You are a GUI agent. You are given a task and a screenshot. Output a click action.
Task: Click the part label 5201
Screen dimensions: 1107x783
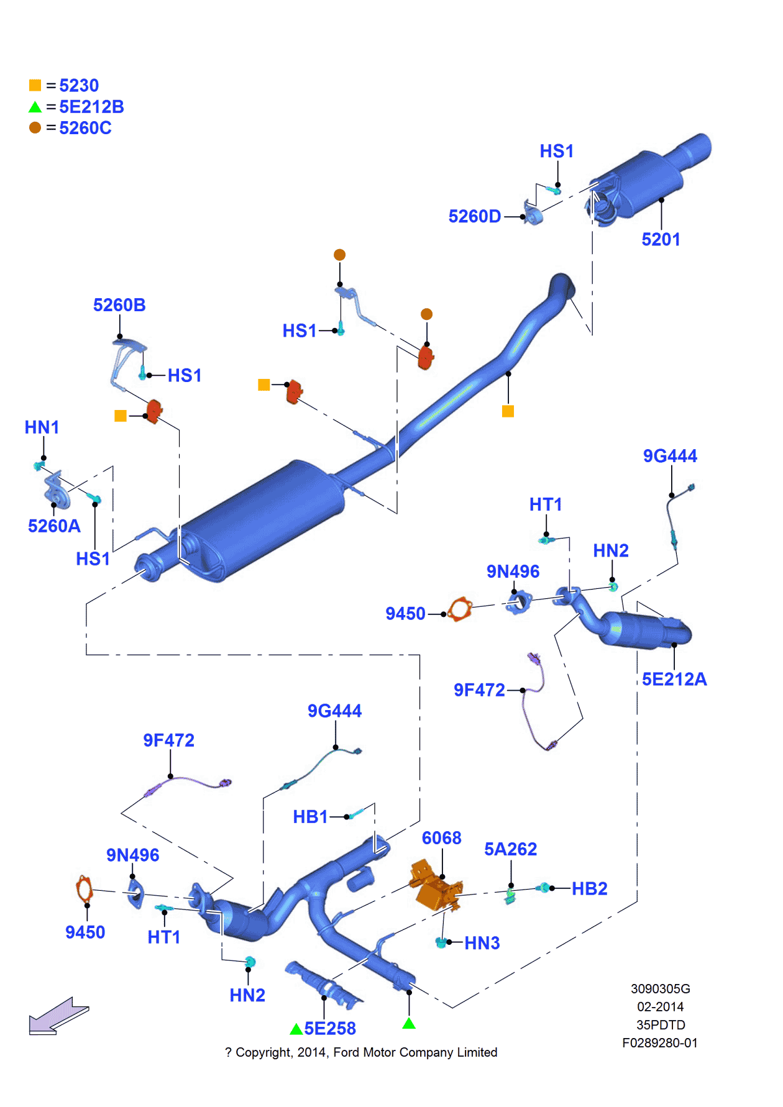(x=661, y=240)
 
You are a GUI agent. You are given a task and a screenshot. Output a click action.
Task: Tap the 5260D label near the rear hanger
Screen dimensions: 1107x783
(x=474, y=217)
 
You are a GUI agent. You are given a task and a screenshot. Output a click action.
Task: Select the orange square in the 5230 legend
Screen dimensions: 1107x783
(x=35, y=85)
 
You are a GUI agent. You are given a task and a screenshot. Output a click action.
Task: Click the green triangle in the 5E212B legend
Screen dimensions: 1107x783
(x=35, y=107)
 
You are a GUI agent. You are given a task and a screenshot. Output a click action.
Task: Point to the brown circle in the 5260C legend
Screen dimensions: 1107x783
(x=35, y=127)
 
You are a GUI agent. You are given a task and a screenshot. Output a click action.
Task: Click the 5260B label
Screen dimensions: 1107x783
(x=119, y=305)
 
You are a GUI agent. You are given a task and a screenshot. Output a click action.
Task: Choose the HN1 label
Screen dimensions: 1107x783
(x=42, y=427)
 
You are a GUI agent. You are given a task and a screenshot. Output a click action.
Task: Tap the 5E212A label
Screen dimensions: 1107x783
(x=674, y=679)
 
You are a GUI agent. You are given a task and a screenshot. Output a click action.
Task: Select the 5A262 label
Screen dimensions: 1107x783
(x=510, y=849)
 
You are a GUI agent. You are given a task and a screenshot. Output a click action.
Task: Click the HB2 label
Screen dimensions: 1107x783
(x=589, y=889)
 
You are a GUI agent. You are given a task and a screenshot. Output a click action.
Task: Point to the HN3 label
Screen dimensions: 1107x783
(x=482, y=943)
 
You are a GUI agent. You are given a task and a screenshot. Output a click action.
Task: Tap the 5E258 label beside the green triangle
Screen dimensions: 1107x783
(x=329, y=1029)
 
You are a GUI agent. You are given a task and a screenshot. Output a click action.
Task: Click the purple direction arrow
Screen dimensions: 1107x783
(x=59, y=1016)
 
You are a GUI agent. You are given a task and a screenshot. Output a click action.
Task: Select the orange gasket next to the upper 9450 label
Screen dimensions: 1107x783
(x=460, y=609)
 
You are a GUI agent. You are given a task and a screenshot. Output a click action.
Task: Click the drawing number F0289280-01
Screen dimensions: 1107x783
(x=659, y=1043)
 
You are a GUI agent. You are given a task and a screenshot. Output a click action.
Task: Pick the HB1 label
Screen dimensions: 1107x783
(x=310, y=817)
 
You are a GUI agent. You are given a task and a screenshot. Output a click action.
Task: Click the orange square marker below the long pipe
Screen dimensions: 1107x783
(x=508, y=411)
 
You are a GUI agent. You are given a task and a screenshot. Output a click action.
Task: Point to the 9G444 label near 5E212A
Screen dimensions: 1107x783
(x=670, y=456)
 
